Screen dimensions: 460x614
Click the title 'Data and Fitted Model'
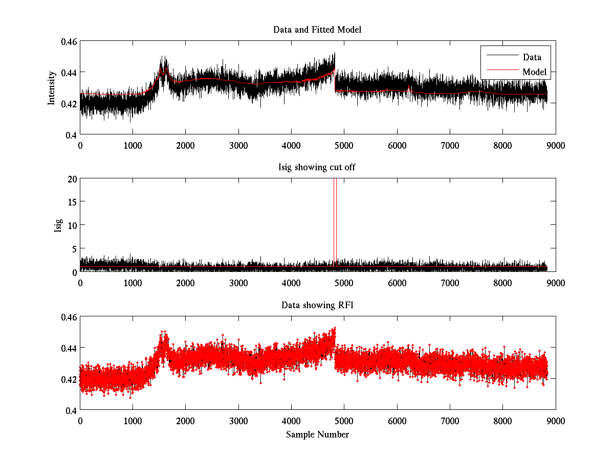click(x=317, y=30)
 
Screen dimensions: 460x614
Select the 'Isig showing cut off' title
click(x=317, y=168)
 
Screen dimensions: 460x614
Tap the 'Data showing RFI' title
click(x=317, y=305)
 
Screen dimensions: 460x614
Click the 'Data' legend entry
click(x=532, y=57)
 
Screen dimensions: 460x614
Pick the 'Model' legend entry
click(x=534, y=72)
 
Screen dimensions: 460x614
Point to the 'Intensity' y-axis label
click(x=51, y=88)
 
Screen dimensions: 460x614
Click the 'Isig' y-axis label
click(x=58, y=225)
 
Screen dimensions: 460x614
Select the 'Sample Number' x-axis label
click(x=317, y=434)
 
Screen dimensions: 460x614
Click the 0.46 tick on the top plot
click(x=69, y=41)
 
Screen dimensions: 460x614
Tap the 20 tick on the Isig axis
click(x=72, y=178)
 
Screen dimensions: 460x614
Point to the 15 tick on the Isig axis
click(x=72, y=202)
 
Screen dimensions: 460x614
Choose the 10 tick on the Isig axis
click(x=72, y=225)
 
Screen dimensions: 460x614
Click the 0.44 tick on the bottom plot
click(x=69, y=348)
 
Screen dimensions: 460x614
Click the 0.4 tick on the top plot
click(x=72, y=134)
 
